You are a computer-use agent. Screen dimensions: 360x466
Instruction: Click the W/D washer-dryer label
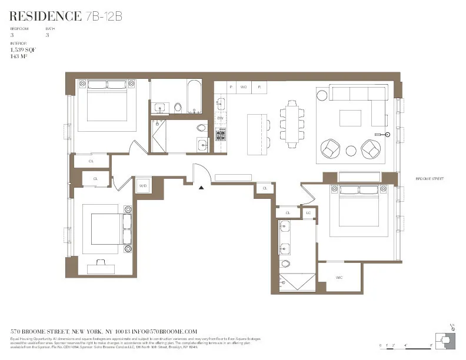(x=142, y=186)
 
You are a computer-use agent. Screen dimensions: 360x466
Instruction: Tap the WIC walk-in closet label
(x=339, y=277)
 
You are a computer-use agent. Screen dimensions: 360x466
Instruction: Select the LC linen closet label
(x=308, y=213)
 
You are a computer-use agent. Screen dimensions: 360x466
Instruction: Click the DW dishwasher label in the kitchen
(x=220, y=119)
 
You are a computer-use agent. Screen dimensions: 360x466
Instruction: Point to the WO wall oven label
(x=244, y=87)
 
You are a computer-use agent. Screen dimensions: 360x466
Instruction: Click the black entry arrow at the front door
(x=201, y=188)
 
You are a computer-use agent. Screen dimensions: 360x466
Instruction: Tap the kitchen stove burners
(x=221, y=135)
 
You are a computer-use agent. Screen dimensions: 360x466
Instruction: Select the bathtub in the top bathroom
(x=194, y=97)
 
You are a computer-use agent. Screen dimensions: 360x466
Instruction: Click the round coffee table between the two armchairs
(x=351, y=151)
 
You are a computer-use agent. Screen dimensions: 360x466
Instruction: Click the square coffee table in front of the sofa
(x=351, y=118)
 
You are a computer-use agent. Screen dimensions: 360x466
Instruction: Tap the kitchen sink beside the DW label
(x=221, y=104)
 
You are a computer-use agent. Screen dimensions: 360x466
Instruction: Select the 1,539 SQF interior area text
(x=24, y=50)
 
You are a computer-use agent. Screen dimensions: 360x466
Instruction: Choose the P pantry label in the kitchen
(x=231, y=87)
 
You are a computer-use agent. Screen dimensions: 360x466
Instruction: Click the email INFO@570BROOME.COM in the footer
(x=167, y=332)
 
